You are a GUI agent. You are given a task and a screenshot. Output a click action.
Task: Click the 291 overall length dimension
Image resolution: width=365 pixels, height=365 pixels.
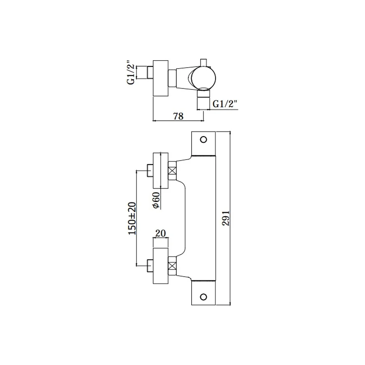[226, 218]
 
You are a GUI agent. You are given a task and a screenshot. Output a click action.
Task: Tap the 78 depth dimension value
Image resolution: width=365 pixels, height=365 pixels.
[178, 116]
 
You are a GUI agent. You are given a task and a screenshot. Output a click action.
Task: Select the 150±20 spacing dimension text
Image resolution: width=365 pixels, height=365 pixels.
[132, 218]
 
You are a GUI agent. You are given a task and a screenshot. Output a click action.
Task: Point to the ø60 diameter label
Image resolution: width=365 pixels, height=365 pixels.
[157, 200]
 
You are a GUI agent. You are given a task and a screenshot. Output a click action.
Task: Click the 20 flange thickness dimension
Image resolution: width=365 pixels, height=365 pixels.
[160, 233]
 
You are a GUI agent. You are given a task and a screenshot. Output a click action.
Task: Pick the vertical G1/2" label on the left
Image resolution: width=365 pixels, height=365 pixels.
[131, 73]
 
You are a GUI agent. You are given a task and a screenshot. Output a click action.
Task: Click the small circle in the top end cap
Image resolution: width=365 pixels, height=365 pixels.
[203, 140]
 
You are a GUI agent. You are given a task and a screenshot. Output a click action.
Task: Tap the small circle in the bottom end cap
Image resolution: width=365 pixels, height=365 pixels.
[203, 297]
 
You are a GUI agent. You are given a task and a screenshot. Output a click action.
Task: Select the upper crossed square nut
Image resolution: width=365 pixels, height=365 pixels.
[172, 170]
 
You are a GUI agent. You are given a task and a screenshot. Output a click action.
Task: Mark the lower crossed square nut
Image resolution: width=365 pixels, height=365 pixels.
[172, 266]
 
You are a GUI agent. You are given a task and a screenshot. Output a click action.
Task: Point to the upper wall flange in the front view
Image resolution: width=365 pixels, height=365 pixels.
[161, 170]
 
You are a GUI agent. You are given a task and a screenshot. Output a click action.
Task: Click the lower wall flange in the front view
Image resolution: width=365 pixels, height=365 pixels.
[161, 266]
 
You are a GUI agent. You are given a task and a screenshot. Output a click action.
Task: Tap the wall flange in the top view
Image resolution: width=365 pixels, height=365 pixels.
[161, 78]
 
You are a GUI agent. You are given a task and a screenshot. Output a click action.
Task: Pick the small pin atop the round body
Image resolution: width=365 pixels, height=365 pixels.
[203, 63]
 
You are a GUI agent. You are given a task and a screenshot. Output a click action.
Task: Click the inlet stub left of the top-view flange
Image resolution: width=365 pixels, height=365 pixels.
[150, 73]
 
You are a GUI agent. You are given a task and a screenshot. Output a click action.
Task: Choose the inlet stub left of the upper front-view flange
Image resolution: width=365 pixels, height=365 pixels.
[150, 170]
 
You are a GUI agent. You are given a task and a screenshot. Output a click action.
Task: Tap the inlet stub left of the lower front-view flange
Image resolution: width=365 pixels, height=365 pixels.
[150, 266]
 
